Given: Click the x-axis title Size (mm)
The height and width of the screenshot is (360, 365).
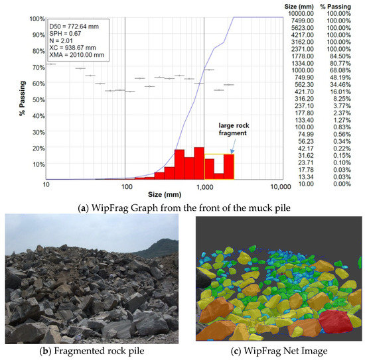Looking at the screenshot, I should tap(164, 194).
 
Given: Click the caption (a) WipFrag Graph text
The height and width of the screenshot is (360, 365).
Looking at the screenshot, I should tap(182, 206).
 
